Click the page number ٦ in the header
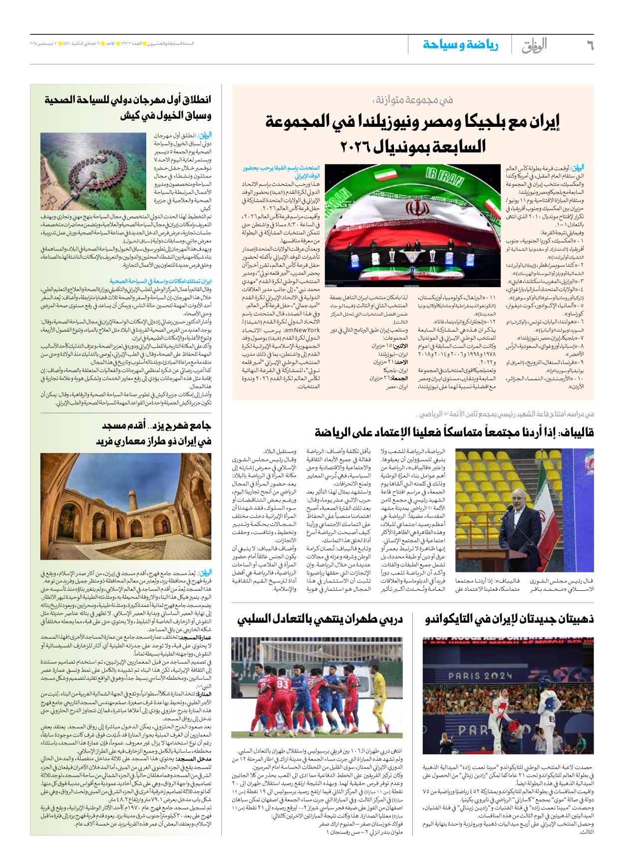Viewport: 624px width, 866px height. pyautogui.click(x=589, y=45)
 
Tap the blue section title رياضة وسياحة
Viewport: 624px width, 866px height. pyautogui.click(x=460, y=44)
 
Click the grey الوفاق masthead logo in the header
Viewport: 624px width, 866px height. pyautogui.click(x=534, y=45)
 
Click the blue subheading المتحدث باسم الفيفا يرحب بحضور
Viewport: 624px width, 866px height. pyautogui.click(x=281, y=168)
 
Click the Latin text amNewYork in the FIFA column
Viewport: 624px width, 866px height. pyautogui.click(x=302, y=330)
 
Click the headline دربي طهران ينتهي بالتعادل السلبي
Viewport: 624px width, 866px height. pyautogui.click(x=319, y=619)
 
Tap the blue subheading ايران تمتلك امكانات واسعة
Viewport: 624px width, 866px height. pyautogui.click(x=160, y=281)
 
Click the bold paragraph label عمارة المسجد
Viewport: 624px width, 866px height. pyautogui.click(x=195, y=638)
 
